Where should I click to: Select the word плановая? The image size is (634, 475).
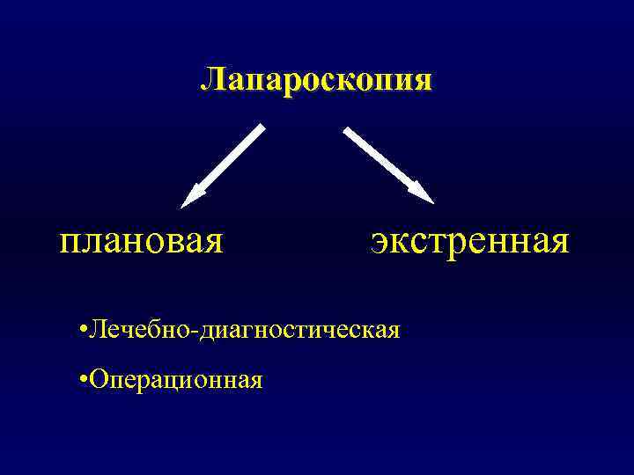point(141,240)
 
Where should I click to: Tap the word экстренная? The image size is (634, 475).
point(470,240)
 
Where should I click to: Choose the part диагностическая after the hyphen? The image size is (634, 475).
point(300,331)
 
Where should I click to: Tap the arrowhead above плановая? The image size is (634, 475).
point(191,198)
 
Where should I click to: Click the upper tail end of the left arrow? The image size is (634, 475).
point(261,128)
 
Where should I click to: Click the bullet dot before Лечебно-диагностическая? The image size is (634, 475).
point(81,331)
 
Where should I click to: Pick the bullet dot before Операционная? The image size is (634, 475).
point(81,379)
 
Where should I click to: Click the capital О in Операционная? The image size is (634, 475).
point(98,379)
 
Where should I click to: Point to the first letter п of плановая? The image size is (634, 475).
point(69,241)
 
